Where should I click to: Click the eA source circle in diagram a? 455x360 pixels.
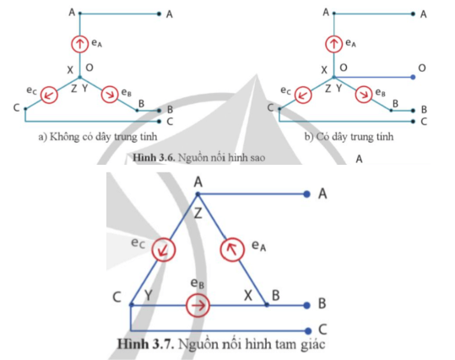(x=80, y=44)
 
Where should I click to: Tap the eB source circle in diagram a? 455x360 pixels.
(x=110, y=95)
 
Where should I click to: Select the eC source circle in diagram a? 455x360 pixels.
(x=49, y=95)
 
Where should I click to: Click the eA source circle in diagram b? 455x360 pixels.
(x=333, y=44)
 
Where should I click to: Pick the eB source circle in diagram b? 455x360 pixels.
(x=364, y=95)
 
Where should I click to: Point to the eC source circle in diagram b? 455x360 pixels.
(x=303, y=95)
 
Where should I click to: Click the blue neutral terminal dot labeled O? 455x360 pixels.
(x=414, y=77)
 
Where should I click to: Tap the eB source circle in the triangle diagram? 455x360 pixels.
(x=198, y=305)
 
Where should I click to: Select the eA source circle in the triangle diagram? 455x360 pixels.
(x=232, y=249)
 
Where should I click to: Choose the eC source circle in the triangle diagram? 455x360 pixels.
(x=164, y=249)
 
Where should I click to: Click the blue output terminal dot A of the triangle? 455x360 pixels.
(x=306, y=194)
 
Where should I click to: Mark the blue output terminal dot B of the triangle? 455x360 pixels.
(x=306, y=305)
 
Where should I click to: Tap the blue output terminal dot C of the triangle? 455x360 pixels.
(x=308, y=330)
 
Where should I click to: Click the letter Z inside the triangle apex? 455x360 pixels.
(x=198, y=214)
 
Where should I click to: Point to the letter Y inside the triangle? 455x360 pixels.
(x=149, y=295)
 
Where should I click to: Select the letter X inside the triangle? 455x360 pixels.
(x=248, y=296)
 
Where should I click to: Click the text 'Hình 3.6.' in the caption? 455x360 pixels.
(x=154, y=157)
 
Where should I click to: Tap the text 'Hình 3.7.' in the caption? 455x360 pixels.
(x=146, y=344)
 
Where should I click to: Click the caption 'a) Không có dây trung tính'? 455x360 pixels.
(x=98, y=137)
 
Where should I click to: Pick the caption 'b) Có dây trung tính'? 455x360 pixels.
(x=349, y=137)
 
